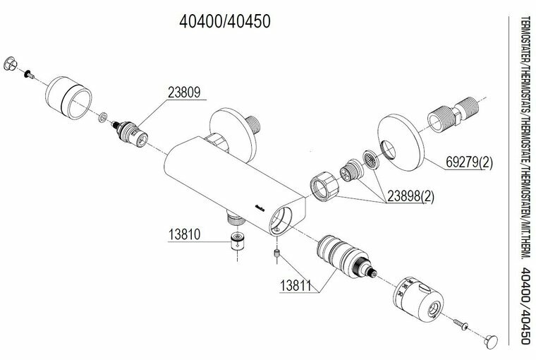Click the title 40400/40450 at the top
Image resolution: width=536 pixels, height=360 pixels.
(225, 21)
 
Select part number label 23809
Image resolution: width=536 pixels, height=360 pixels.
(184, 92)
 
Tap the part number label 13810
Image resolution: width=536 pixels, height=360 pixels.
(184, 235)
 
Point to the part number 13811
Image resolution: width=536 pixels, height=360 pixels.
(296, 285)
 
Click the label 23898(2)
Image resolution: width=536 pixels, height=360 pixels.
(410, 196)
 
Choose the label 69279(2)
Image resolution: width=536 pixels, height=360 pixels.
(469, 162)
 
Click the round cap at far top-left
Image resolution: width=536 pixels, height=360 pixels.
(10, 64)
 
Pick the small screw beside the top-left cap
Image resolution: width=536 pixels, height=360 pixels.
(29, 74)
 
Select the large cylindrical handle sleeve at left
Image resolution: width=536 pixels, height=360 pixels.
(68, 97)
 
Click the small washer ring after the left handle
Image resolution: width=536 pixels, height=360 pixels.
(102, 117)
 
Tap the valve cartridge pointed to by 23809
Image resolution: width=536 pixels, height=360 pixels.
(130, 133)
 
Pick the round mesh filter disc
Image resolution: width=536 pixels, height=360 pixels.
(370, 160)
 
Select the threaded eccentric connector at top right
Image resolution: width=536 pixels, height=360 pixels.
(453, 114)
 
